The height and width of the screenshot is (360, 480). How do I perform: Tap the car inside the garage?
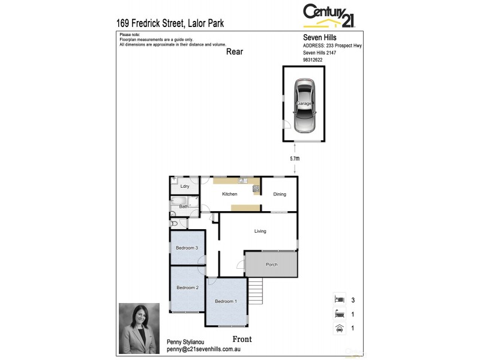pyautogui.click(x=304, y=107)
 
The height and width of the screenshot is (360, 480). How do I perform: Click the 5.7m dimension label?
pyautogui.click(x=294, y=159)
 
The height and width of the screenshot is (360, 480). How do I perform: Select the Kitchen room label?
pyautogui.click(x=230, y=194)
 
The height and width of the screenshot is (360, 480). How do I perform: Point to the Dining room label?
pyautogui.click(x=280, y=194)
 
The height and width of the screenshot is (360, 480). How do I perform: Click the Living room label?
pyautogui.click(x=260, y=231)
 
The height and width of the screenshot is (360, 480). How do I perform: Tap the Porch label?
pyautogui.click(x=272, y=265)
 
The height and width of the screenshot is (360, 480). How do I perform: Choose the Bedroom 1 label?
pyautogui.click(x=226, y=301)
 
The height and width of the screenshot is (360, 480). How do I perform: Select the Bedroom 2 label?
pyautogui.click(x=187, y=287)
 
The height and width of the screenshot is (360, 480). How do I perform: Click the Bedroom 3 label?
pyautogui.click(x=187, y=248)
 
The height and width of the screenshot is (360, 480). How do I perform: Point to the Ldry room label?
pyautogui.click(x=185, y=187)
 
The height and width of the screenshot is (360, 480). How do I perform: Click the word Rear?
pyautogui.click(x=235, y=52)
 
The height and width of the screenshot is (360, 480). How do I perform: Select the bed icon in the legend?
pyautogui.click(x=340, y=298)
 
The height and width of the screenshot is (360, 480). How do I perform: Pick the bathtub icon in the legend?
pyautogui.click(x=340, y=313)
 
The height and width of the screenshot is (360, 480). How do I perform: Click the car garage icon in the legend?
pyautogui.click(x=340, y=328)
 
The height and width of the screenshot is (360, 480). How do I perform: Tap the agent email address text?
pyautogui.click(x=203, y=349)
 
